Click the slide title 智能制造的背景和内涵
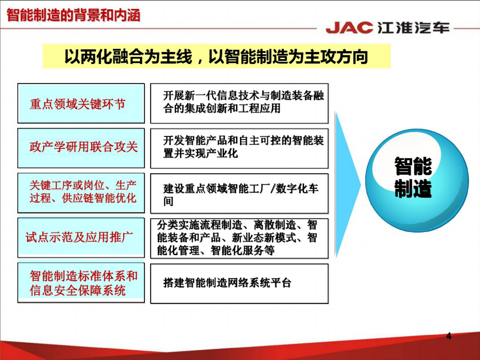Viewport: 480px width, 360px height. pyautogui.click(x=73, y=15)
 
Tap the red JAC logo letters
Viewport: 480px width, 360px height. pyautogui.click(x=349, y=28)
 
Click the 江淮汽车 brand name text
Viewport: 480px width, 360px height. pyautogui.click(x=413, y=28)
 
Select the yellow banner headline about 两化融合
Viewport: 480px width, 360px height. pyautogui.click(x=216, y=57)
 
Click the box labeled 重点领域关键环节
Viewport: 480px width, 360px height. pyautogui.click(x=81, y=103)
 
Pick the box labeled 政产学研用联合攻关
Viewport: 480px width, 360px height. pyautogui.click(x=81, y=148)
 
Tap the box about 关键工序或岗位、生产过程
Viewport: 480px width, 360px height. pyautogui.click(x=81, y=193)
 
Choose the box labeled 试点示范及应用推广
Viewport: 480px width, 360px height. pyautogui.click(x=81, y=237)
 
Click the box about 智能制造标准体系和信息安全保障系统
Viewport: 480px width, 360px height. pyautogui.click(x=81, y=283)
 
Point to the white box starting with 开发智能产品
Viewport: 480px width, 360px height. pyautogui.click(x=239, y=148)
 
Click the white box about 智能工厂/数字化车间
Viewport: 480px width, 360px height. pyautogui.click(x=239, y=193)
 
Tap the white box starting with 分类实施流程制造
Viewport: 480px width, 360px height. pyautogui.click(x=239, y=238)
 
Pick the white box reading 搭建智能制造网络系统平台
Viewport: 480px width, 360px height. pyautogui.click(x=239, y=283)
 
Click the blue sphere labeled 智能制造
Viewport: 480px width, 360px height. pyautogui.click(x=417, y=181)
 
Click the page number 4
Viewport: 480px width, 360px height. pyautogui.click(x=449, y=336)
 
